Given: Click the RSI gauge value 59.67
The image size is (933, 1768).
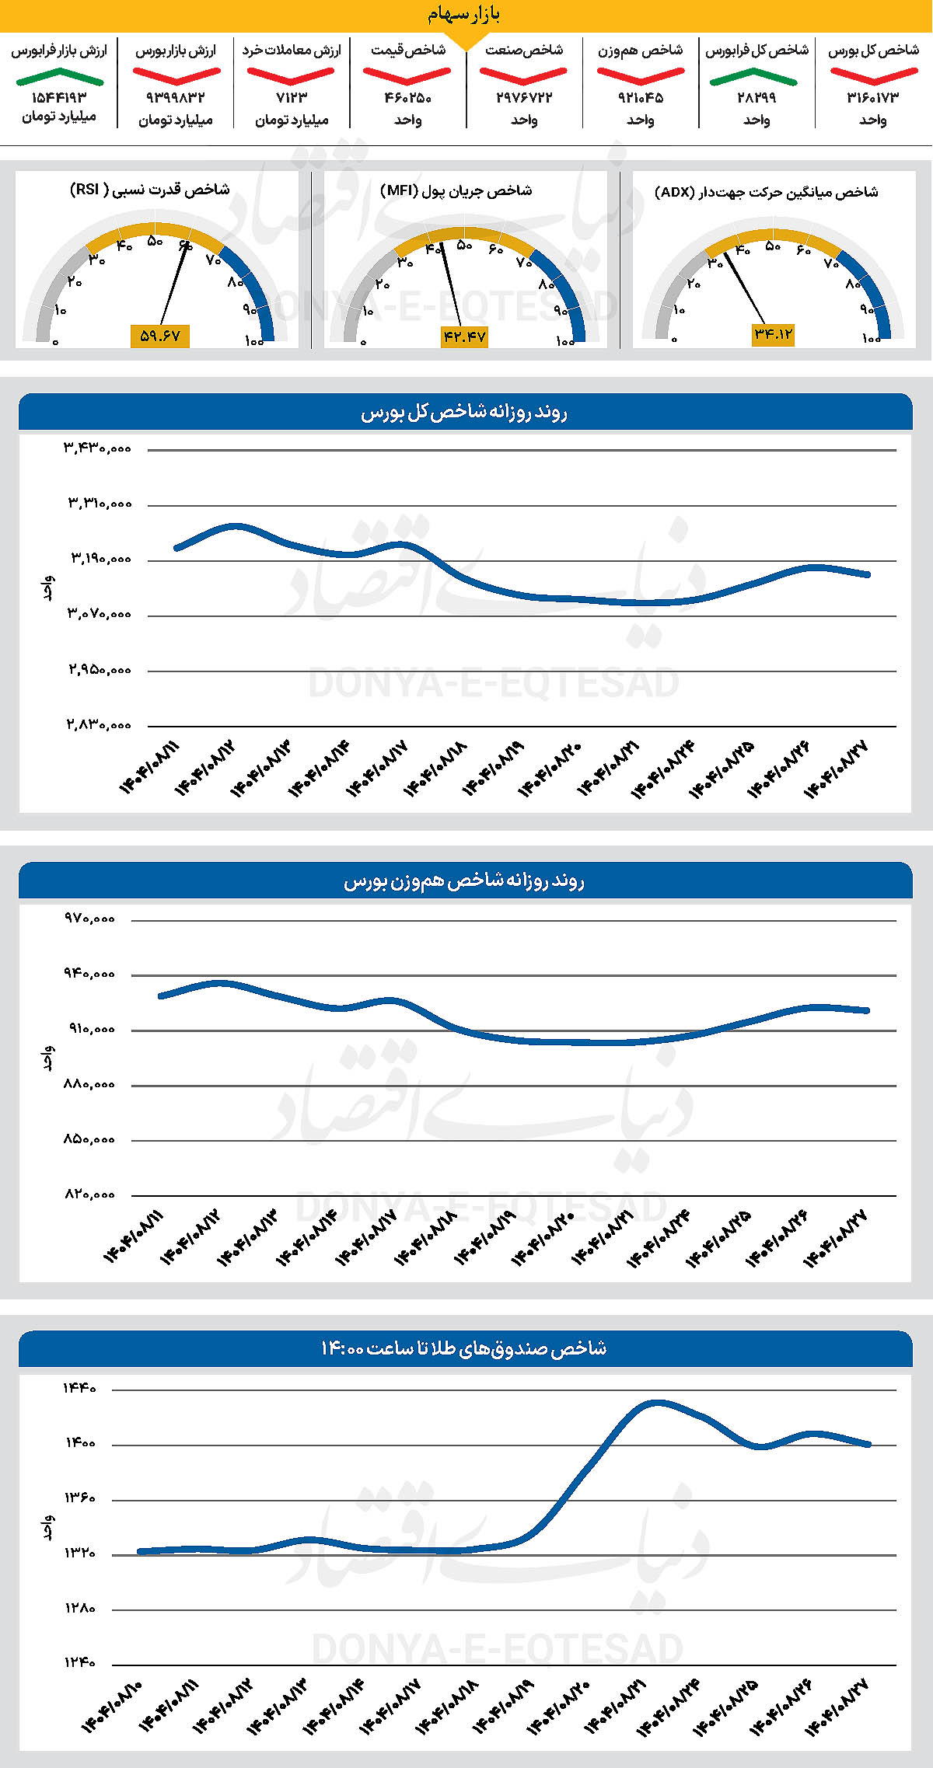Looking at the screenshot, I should [x=159, y=336].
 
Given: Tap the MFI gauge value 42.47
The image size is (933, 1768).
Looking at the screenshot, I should [x=464, y=337].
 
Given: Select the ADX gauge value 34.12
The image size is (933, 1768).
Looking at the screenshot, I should [x=773, y=334].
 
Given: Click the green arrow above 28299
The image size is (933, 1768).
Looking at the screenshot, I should [x=753, y=76].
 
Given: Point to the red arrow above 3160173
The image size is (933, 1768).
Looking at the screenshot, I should [x=873, y=76].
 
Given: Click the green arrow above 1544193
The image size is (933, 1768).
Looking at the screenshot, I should [x=59, y=76].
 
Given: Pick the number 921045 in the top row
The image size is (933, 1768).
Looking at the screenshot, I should [x=641, y=98].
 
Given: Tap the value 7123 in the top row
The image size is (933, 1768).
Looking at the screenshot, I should [x=292, y=98].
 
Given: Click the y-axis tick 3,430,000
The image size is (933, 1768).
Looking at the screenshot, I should [x=98, y=448].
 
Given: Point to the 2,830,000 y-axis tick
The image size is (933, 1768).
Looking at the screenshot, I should [x=98, y=725].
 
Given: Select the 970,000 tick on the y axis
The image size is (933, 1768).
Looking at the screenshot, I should [x=89, y=919].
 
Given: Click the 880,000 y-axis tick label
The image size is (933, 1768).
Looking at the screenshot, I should [x=89, y=1084].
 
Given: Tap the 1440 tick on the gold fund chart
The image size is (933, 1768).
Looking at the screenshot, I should [x=80, y=1388].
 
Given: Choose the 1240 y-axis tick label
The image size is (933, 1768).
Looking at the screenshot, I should [x=80, y=1663].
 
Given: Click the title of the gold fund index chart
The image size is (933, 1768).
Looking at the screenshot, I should [x=464, y=1348].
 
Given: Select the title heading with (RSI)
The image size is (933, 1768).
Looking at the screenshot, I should [x=149, y=190].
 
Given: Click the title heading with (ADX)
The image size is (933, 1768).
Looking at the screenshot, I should [x=766, y=192].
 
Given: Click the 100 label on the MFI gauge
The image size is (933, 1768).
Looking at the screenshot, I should [x=564, y=341].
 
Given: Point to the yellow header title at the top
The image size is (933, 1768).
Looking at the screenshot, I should [x=464, y=15].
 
